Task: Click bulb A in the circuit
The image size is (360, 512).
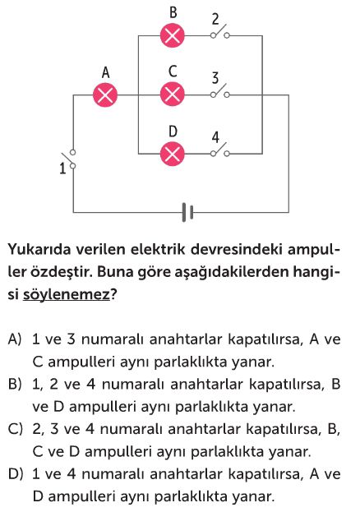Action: point(105,95)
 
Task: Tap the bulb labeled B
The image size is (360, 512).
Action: point(173,35)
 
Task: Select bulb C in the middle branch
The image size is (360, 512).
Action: point(173,94)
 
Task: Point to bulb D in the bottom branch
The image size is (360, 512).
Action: point(173,154)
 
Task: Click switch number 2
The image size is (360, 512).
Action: point(219,32)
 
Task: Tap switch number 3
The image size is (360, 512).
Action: point(219,91)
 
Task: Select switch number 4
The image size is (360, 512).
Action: point(219,150)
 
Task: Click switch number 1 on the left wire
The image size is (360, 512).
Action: point(69,159)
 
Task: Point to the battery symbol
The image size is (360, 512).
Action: point(187,213)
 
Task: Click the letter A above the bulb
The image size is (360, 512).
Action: point(105,72)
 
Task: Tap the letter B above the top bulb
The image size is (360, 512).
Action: point(173,12)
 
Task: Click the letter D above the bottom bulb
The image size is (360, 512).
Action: point(173,131)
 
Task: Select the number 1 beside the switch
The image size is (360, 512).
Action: point(62,168)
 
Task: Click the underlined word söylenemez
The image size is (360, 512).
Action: point(67,295)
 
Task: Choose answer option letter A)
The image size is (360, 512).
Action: point(15,339)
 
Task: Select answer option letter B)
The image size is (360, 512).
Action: point(15,385)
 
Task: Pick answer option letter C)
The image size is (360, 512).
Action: point(15,429)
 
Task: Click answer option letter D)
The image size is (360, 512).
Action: point(16,474)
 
